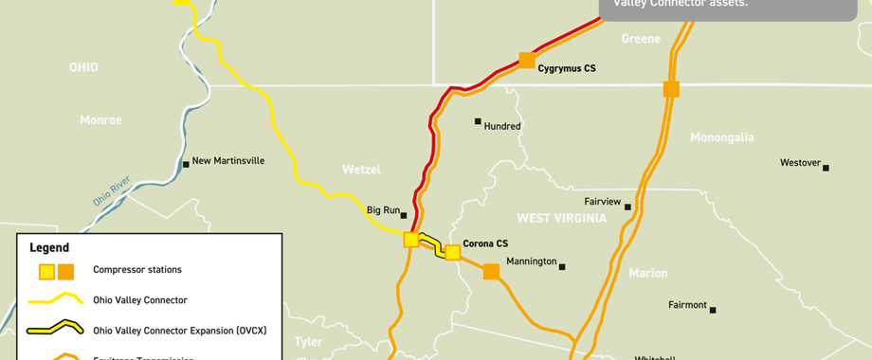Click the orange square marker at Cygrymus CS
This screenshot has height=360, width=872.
point(527,61)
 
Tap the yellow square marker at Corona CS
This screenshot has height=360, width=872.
point(453,252)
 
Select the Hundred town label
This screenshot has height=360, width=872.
point(502,126)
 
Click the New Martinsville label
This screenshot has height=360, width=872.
point(228,161)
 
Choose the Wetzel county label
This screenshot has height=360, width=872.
point(361,170)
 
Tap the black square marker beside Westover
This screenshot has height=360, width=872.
point(826,168)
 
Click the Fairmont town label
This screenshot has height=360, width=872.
point(687,305)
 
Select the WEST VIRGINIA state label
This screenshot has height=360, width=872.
point(561,219)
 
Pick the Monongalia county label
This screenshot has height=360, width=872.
point(722,137)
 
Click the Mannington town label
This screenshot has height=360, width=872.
point(531,261)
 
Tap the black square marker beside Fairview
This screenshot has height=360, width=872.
point(627,207)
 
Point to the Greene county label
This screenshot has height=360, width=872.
point(641,39)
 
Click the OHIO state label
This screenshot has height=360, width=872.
point(83,67)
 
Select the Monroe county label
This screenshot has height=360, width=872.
point(100,120)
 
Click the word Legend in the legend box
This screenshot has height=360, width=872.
point(49,247)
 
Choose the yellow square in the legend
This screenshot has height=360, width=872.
point(45,272)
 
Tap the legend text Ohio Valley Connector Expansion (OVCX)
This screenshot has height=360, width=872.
point(179,331)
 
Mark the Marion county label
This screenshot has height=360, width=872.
point(648,273)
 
